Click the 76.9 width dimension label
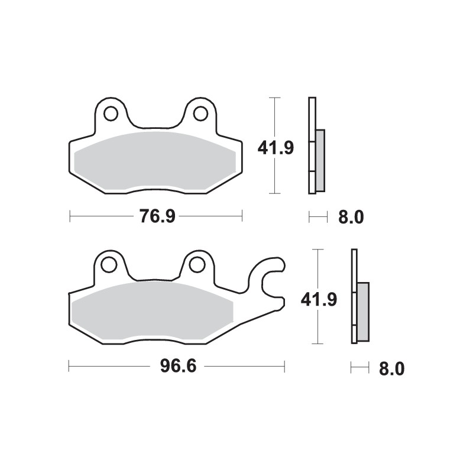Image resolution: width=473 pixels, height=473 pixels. (x=157, y=217)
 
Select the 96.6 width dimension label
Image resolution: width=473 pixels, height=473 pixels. (x=178, y=367)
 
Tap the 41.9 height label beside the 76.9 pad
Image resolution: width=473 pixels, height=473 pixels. (x=276, y=147)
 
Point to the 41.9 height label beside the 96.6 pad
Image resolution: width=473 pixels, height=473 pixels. (x=319, y=300)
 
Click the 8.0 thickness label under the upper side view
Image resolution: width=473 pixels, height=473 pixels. (x=351, y=218)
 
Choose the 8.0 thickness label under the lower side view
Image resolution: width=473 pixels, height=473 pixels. (x=391, y=369)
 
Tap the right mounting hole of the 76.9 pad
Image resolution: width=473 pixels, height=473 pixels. (x=200, y=113)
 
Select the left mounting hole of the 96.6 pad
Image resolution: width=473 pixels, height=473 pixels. (x=109, y=265)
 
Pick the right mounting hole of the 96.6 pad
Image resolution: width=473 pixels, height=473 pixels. (x=196, y=265)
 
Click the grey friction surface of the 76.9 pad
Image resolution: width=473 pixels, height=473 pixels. (x=155, y=161)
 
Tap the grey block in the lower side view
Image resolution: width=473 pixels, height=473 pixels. (x=363, y=311)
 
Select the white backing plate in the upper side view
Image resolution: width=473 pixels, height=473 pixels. (x=312, y=145)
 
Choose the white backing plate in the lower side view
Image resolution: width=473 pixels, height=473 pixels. (x=354, y=296)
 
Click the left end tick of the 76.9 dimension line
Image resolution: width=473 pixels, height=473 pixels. (x=70, y=217)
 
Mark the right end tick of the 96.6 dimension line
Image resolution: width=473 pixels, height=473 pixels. (x=284, y=367)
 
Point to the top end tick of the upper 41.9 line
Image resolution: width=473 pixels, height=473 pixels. (x=274, y=97)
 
